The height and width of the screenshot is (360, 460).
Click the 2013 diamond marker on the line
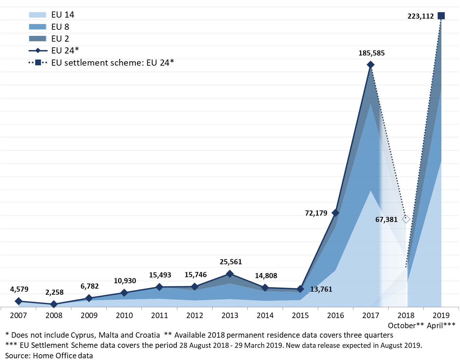(230, 274)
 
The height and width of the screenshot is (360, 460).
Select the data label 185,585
(372, 53)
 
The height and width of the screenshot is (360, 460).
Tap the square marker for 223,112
(441, 16)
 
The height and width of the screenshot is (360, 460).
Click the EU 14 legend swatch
(38, 15)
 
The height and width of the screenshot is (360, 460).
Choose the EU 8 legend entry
(60, 27)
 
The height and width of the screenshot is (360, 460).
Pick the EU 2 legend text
(60, 39)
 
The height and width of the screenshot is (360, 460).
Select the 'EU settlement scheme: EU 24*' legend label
(112, 63)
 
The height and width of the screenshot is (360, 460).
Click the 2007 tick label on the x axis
(18, 315)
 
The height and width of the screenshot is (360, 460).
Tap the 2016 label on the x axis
(335, 315)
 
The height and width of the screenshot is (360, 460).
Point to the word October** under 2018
(406, 325)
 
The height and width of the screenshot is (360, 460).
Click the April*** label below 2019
(441, 325)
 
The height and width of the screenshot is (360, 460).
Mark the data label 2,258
(54, 292)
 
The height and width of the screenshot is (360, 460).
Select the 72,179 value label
(316, 213)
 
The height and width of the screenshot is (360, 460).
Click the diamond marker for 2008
(53, 305)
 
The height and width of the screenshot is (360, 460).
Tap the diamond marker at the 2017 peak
(371, 65)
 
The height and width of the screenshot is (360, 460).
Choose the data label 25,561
(231, 262)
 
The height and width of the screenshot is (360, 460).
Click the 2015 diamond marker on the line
(300, 289)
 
